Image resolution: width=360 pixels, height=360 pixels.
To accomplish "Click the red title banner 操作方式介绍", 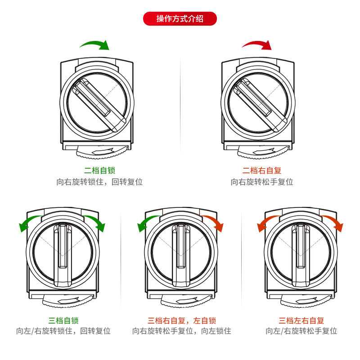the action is point(180,18).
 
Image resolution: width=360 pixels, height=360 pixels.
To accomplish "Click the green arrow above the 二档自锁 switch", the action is point(95,45).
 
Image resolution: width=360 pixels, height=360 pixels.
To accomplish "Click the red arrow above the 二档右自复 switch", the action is point(257,44).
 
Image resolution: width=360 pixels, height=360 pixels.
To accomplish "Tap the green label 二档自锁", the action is point(100,171).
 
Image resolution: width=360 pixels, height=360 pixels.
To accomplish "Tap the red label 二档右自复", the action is point(262,171).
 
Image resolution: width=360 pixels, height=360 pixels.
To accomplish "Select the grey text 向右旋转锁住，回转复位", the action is point(100,182).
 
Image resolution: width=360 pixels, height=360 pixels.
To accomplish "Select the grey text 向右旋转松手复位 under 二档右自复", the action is point(262,182).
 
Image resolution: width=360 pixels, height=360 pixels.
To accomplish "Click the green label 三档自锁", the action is point(63,321).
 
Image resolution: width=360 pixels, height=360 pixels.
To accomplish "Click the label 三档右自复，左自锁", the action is point(182,321).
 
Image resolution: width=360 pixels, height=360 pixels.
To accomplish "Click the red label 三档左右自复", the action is point(301,321).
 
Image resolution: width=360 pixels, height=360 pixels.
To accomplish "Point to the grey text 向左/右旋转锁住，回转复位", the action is point(63,331).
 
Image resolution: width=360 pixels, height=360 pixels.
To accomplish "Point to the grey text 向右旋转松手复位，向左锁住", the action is point(182,331).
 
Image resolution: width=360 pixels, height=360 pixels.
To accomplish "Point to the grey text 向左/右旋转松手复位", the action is point(301,331).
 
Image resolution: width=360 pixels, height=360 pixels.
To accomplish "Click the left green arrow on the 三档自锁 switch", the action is point(27,223).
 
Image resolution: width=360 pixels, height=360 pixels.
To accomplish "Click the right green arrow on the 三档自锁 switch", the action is point(96,223).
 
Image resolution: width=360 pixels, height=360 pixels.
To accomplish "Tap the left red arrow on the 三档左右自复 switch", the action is point(265,223).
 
